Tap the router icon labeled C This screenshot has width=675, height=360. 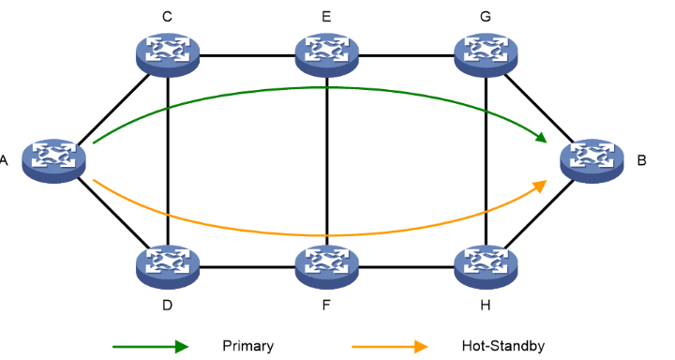[x=167, y=55]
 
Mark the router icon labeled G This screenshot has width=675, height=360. [x=486, y=55]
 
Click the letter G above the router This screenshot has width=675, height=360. [x=486, y=16]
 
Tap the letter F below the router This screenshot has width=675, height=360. [x=327, y=307]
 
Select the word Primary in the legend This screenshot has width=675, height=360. [x=248, y=346]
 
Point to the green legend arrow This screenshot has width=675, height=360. [x=150, y=346]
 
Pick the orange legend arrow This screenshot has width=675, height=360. [x=389, y=346]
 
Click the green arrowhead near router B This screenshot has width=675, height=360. [x=541, y=139]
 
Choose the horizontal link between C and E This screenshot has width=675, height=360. [x=247, y=55]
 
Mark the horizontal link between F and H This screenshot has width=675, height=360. [x=406, y=267]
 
